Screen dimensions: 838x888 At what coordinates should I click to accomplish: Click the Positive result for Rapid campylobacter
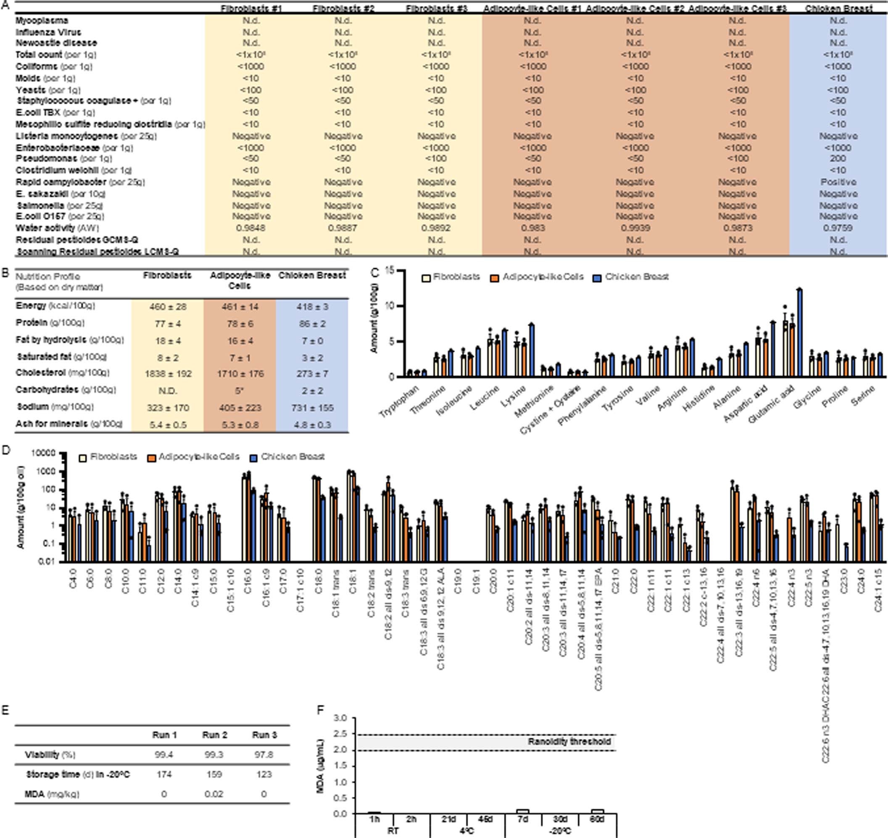point(838,182)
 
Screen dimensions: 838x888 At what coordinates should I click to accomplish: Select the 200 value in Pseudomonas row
point(838,158)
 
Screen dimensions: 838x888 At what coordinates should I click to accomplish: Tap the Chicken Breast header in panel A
point(838,8)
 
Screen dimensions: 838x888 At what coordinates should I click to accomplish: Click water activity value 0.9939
point(635,228)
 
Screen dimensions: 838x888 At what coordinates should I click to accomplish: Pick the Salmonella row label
point(40,206)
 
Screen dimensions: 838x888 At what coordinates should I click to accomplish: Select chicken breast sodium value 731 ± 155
point(312,408)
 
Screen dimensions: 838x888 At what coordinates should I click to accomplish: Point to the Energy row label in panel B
point(31,306)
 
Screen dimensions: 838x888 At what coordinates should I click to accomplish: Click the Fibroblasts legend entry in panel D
point(113,457)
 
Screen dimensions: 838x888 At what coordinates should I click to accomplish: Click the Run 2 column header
point(214,735)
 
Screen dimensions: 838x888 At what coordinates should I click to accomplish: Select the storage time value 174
point(164,774)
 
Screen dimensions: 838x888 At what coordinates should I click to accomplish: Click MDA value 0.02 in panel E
point(214,794)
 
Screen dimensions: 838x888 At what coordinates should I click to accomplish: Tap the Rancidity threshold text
point(569,741)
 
